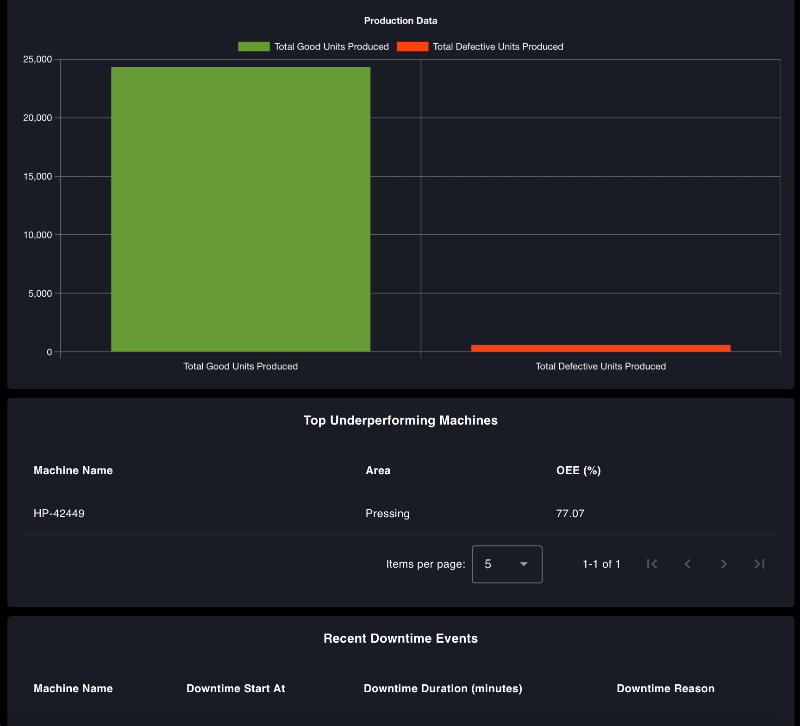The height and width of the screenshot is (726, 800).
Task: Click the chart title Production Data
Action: pos(400,21)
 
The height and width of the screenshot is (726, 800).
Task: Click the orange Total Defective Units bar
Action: pos(600,348)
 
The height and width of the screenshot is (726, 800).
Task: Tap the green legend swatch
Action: pos(254,47)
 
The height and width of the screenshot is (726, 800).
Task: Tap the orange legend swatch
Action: pos(412,47)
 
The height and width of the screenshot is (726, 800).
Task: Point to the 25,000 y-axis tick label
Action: pos(37,59)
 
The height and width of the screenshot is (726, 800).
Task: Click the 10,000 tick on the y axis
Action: pos(37,235)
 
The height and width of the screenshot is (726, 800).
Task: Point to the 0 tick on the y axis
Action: pos(49,352)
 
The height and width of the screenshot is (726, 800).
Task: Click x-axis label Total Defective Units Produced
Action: pos(600,366)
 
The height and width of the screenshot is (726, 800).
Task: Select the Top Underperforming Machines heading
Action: pos(400,420)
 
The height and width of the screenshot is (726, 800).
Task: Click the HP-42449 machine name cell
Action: pos(59,513)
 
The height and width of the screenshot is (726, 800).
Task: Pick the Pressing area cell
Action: pos(387,513)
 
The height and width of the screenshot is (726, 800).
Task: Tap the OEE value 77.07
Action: pos(570,513)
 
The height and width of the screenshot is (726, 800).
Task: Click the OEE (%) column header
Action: pos(578,470)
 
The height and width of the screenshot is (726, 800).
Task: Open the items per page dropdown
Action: pos(507,564)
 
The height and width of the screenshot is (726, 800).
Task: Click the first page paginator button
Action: pos(652,564)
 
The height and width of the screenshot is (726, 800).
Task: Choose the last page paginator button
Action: pos(759,564)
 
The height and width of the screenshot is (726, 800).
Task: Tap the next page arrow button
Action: pos(724,564)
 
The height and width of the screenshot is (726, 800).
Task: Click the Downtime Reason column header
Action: pos(665,688)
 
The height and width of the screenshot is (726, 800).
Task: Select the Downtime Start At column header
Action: pos(236,688)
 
